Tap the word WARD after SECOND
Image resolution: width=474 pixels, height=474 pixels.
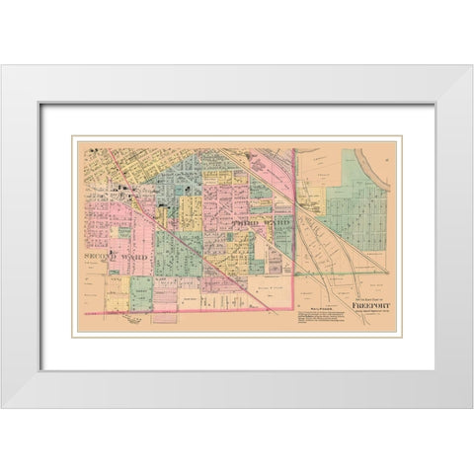coord(133,256)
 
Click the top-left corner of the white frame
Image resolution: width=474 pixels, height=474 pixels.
coord(3,66)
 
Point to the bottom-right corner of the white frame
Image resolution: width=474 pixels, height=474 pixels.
coord(471,408)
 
